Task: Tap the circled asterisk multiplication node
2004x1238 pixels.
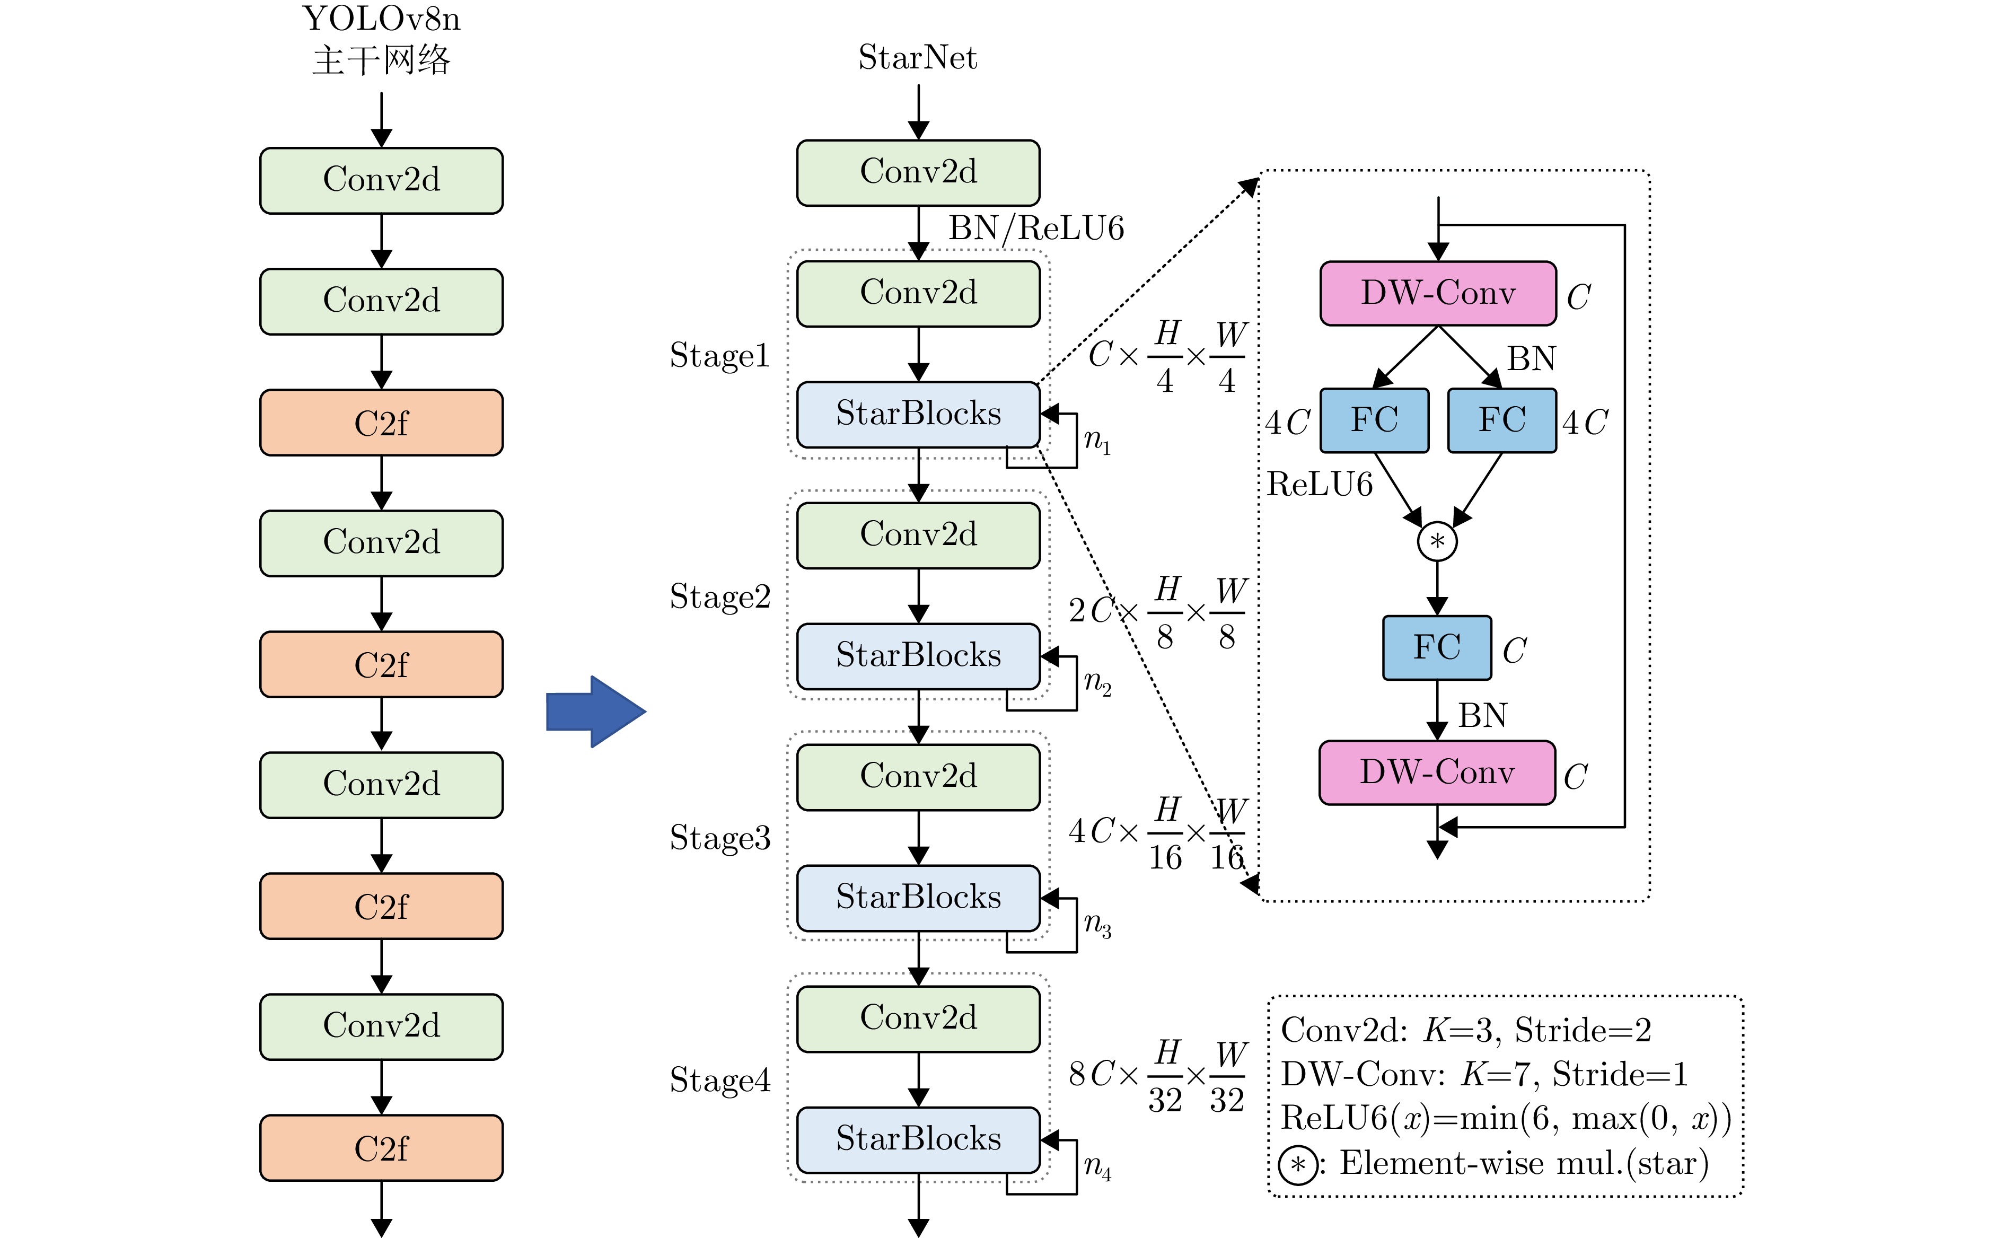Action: [1437, 541]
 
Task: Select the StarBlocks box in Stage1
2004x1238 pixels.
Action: [918, 414]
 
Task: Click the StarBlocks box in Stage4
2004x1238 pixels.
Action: [918, 1139]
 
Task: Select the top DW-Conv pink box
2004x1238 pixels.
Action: [1437, 293]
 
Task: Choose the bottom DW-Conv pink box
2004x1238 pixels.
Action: [1437, 772]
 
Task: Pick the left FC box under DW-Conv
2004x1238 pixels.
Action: [1375, 420]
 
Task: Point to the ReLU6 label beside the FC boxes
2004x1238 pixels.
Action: [1319, 485]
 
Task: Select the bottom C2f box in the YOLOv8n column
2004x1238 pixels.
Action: [382, 1148]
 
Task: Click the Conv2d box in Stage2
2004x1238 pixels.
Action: [918, 534]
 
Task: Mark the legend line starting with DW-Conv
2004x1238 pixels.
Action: [1483, 1074]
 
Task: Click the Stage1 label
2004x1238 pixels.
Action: [719, 355]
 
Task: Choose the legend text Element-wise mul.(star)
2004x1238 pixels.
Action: [1523, 1163]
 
